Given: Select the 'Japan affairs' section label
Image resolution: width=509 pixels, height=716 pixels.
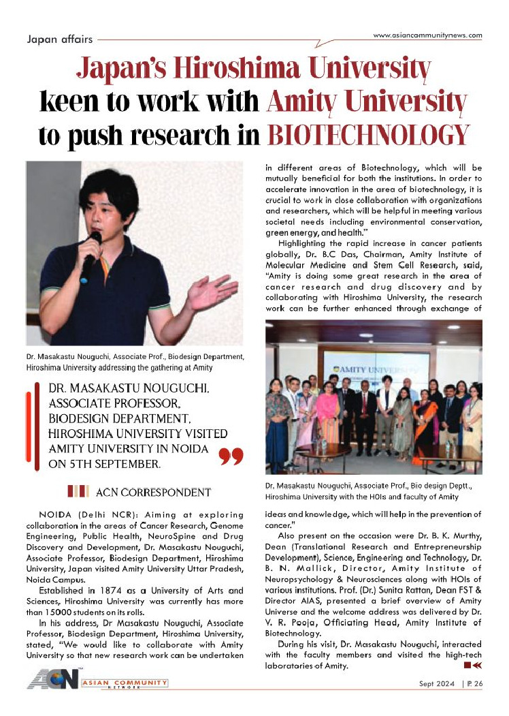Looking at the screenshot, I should click(60, 39).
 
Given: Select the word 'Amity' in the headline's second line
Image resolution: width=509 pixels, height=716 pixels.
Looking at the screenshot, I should click(298, 102).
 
